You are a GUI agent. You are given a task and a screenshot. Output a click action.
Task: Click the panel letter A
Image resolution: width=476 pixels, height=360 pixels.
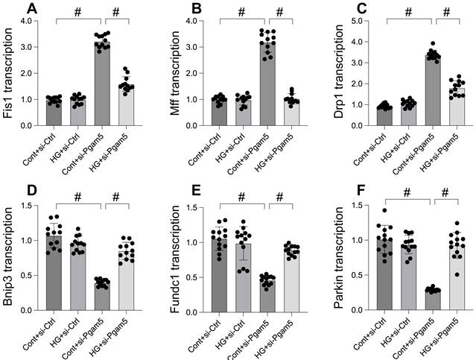click(x=31, y=9)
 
